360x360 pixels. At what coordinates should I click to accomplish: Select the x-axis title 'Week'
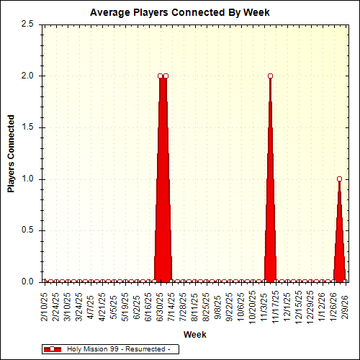[x=194, y=334]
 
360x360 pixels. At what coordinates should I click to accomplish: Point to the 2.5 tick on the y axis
[x=28, y=24]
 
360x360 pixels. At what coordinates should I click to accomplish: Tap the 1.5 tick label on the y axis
[x=28, y=127]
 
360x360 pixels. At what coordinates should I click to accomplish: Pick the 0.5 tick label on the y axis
[x=28, y=230]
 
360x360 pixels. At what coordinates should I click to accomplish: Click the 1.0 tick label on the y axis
[x=28, y=179]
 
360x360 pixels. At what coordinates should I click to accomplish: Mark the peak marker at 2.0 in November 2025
[x=270, y=76]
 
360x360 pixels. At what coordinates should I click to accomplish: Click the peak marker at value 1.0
[x=339, y=179]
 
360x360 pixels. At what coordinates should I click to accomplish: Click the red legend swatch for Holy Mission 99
[x=52, y=349]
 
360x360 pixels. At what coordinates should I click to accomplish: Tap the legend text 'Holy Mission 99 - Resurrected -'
[x=118, y=349]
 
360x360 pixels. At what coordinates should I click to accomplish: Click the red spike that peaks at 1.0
[x=339, y=245]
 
